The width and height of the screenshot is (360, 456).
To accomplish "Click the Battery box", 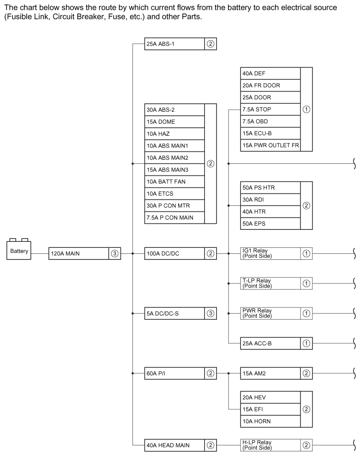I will [x=19, y=252].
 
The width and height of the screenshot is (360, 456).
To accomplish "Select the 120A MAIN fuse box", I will [x=78, y=253].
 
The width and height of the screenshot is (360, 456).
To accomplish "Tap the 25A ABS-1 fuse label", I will [x=174, y=44].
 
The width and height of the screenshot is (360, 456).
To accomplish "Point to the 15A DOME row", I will [x=174, y=122].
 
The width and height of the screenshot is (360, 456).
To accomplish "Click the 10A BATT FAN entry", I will [x=174, y=182].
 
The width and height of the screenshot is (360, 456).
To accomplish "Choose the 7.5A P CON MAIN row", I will [x=174, y=217].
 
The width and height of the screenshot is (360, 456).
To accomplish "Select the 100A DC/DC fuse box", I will [x=174, y=253].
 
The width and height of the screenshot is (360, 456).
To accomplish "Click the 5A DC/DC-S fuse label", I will [x=174, y=313].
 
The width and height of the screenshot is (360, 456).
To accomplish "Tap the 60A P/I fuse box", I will [x=174, y=373].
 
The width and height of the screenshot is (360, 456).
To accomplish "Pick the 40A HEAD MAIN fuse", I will [x=174, y=445].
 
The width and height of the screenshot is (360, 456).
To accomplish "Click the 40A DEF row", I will [x=270, y=73].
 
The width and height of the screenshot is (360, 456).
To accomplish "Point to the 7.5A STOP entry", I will [x=270, y=109].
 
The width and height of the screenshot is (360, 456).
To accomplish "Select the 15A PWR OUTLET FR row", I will [x=270, y=145].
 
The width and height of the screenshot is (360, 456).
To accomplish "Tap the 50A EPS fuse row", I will [x=270, y=223].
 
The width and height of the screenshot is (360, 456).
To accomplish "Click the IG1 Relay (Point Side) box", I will [x=270, y=253].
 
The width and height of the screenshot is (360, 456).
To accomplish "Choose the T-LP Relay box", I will [x=270, y=283].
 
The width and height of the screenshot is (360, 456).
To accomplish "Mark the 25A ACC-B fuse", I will [x=270, y=343].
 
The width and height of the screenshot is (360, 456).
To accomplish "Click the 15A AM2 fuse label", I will [x=270, y=373].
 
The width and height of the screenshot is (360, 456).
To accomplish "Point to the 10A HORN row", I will [x=270, y=421].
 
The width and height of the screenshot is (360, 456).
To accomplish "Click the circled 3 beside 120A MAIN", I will [x=114, y=253].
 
